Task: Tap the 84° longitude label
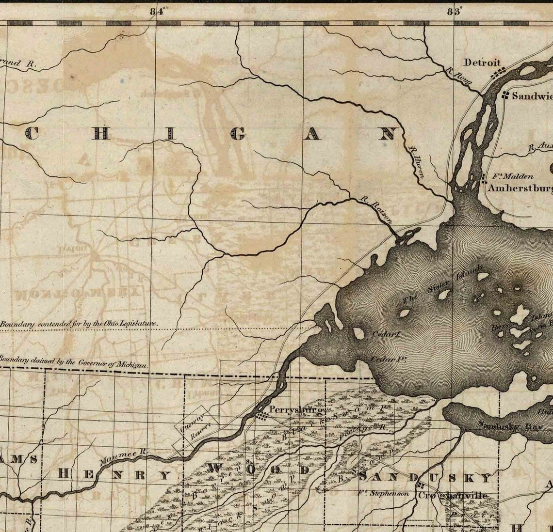point(157,12)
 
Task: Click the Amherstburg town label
point(519,188)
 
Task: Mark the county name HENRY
point(114,474)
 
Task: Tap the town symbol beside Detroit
point(498,73)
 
